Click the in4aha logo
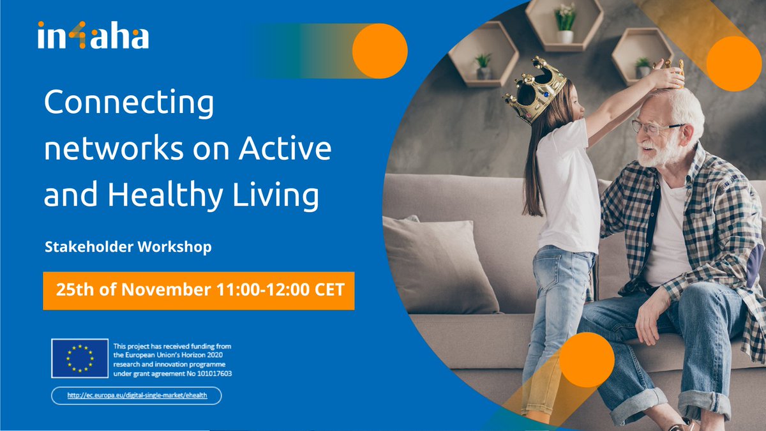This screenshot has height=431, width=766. click(93, 35)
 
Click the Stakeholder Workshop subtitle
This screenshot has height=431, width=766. click(128, 246)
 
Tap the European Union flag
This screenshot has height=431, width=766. click(80, 358)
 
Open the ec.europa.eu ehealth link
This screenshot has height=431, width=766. click(137, 396)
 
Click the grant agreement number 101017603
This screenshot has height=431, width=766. click(211, 374)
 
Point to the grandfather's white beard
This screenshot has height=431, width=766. click(654, 153)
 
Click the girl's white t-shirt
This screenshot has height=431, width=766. click(568, 185)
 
